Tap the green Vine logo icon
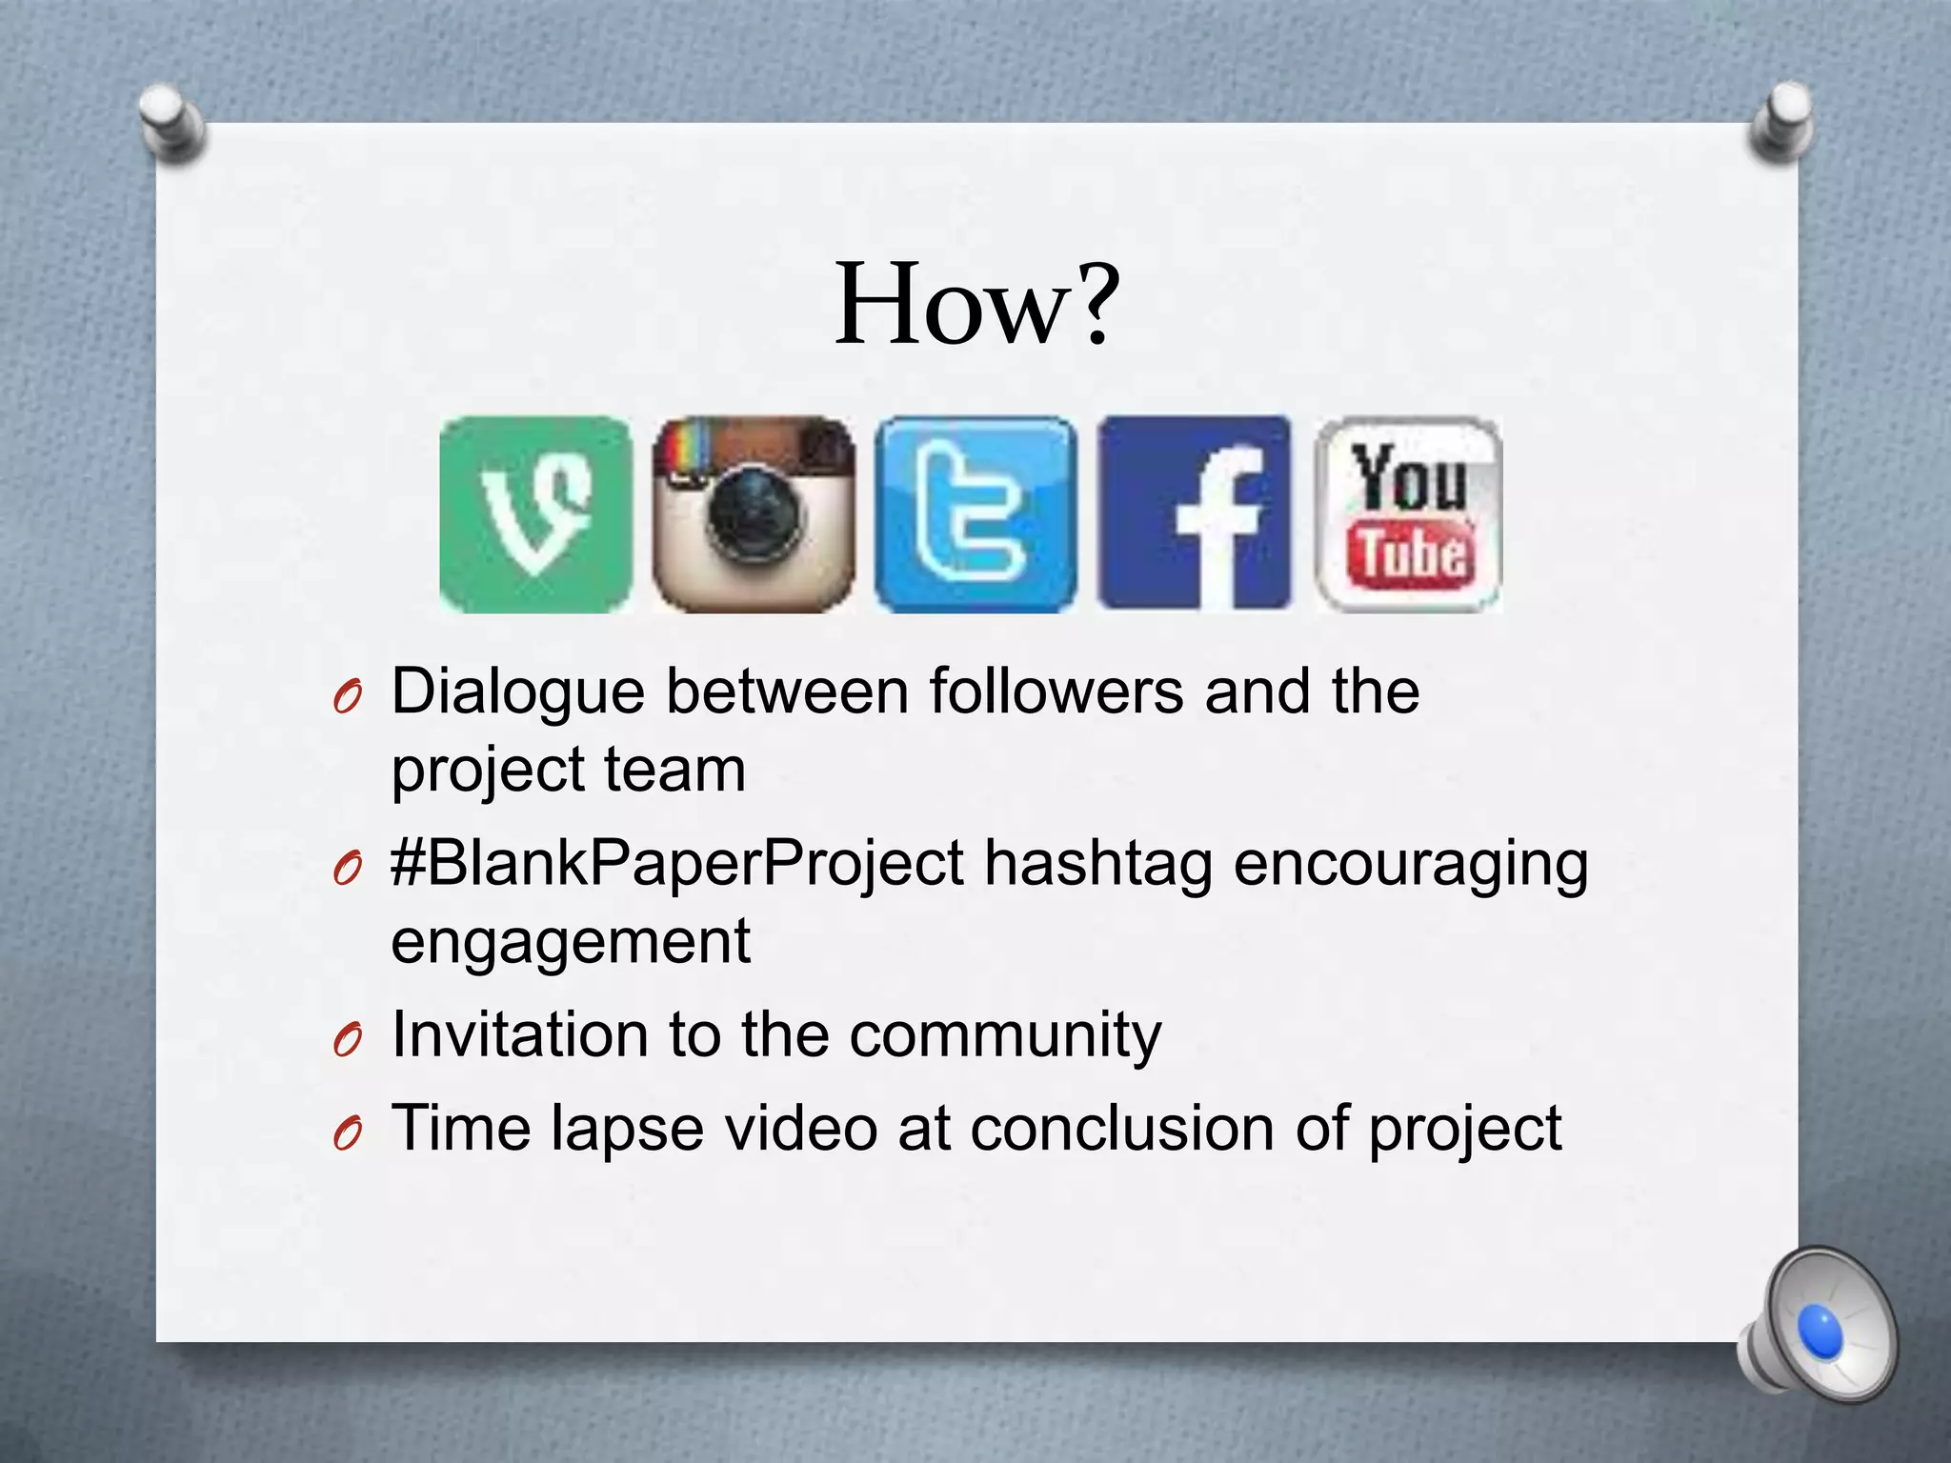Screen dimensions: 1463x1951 point(535,514)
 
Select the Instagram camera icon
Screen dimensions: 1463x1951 point(754,514)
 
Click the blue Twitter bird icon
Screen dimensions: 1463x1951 point(975,514)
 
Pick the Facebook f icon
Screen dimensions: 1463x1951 point(1195,514)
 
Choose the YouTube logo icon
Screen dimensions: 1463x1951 point(1408,514)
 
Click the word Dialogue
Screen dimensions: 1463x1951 point(517,691)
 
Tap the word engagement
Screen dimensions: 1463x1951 point(571,941)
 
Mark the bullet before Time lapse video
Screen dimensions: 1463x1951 point(348,1134)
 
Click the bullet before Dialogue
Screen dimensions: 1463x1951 point(348,700)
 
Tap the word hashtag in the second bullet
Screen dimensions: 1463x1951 point(1097,865)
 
